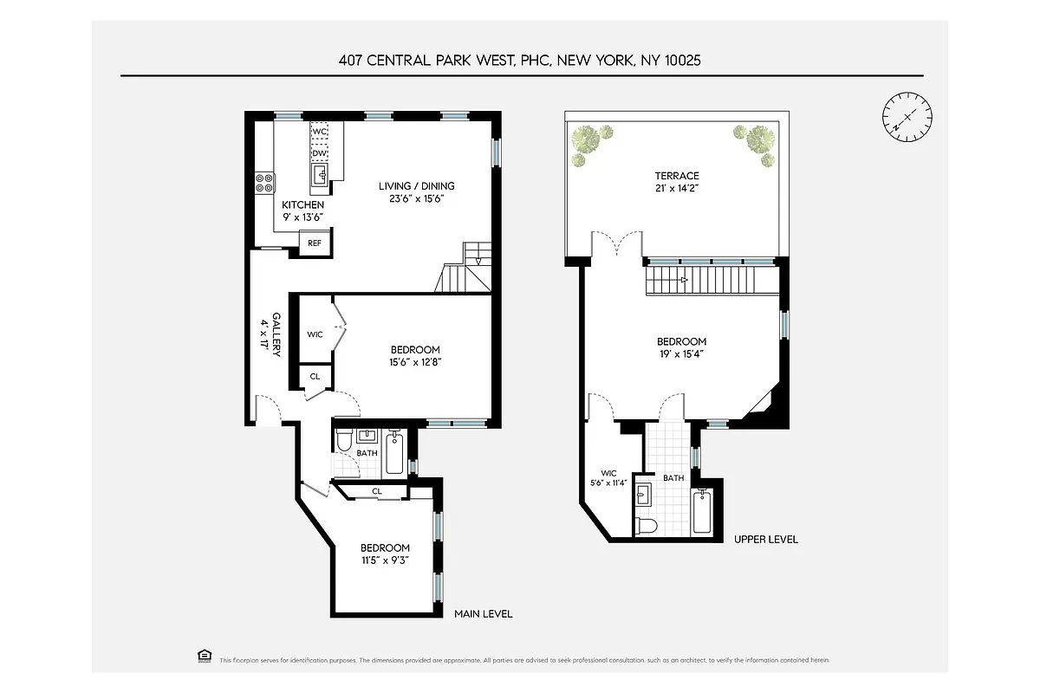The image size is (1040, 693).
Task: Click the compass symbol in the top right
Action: tap(908, 116)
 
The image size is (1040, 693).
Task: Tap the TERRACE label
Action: tap(677, 176)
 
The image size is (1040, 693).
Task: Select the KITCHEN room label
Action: tap(303, 204)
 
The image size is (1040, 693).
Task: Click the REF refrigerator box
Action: tap(314, 243)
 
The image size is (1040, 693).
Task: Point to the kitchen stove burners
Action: tap(265, 183)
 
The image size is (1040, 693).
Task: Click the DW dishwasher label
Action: tap(319, 153)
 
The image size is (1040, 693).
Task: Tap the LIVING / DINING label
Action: tap(416, 186)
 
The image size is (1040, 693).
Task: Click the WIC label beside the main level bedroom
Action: tap(315, 334)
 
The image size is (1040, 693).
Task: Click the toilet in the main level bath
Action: tap(343, 442)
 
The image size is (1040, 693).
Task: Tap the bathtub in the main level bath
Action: tap(394, 452)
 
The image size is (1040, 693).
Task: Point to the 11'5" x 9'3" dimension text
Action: tap(385, 560)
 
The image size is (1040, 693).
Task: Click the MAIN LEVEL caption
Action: tap(484, 614)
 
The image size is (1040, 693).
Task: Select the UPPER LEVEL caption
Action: tap(765, 540)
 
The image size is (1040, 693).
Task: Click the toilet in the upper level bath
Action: tap(647, 525)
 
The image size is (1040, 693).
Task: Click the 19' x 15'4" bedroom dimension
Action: tap(681, 353)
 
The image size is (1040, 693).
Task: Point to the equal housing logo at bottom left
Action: tap(205, 656)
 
